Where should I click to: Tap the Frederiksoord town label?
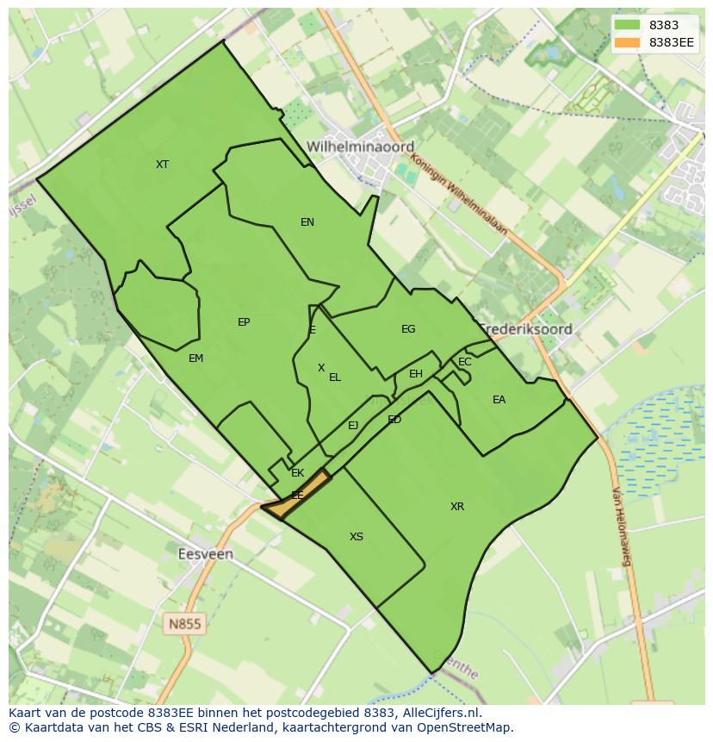[x=526, y=329]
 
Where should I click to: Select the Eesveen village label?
[x=205, y=554]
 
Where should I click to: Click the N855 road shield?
[x=185, y=623]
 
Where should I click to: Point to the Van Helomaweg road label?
[x=623, y=527]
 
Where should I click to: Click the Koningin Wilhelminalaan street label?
[x=459, y=193]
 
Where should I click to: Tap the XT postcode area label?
[x=162, y=165]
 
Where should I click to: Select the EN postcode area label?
[x=307, y=222]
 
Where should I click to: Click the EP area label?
[x=244, y=322]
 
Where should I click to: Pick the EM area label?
[x=195, y=359]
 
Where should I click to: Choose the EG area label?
[x=408, y=329]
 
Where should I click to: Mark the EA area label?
[x=499, y=400]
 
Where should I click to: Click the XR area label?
[x=457, y=507]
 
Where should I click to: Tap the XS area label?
[x=356, y=537]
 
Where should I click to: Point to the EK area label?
[x=298, y=473]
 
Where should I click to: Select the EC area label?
[x=465, y=362]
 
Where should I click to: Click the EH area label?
[x=416, y=374]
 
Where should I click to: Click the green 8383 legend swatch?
[x=626, y=25]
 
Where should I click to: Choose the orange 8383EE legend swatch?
[x=626, y=41]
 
